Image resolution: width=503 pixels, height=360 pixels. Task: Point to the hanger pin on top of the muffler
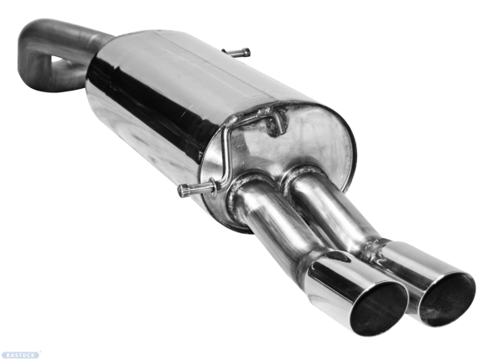[x=237, y=53]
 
